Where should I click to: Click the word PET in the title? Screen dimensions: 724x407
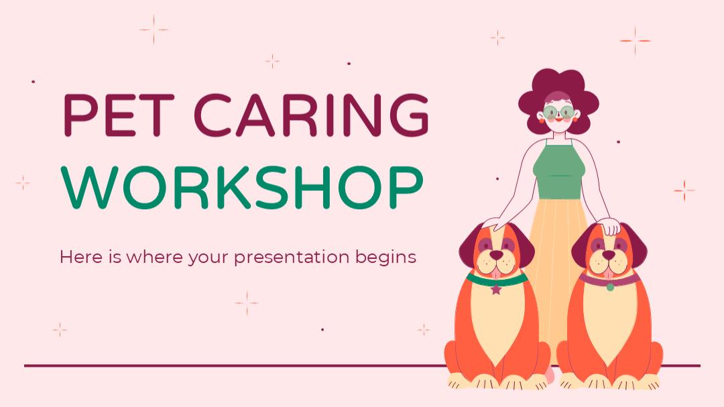point(119,115)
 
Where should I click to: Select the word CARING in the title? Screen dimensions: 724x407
point(312,115)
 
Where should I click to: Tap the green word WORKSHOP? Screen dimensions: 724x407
point(242,187)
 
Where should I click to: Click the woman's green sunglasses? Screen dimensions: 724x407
point(558,112)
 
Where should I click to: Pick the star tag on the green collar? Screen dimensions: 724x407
point(496,289)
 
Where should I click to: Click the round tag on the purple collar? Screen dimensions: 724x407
point(610,288)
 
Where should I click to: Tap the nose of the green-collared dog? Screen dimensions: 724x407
point(496,255)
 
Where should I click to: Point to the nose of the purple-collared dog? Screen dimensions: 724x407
point(609,255)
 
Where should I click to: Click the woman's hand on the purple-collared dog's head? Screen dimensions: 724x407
point(609,227)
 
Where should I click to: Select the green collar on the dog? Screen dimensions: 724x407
point(497,278)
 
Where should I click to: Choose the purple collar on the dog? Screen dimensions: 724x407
point(609,278)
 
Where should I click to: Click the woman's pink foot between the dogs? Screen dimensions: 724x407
point(550,374)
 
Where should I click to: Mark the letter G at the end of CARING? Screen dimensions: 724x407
point(410,115)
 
